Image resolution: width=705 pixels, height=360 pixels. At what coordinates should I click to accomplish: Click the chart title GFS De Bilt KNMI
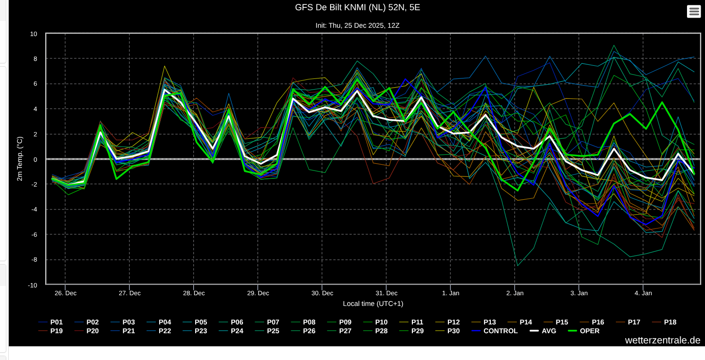click(x=357, y=7)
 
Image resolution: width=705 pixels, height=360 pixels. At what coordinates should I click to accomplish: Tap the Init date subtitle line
click(x=357, y=25)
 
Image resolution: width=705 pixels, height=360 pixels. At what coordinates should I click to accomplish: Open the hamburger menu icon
click(x=694, y=12)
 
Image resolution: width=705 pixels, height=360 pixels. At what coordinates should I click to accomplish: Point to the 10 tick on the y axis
click(x=34, y=34)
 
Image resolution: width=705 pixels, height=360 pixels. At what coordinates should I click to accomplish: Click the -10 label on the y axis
click(x=33, y=285)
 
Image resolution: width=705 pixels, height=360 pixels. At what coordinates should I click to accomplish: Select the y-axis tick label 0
click(x=35, y=159)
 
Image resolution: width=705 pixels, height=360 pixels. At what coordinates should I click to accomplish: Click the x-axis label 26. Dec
click(x=65, y=293)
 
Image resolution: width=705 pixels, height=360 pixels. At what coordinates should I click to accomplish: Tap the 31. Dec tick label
click(x=387, y=293)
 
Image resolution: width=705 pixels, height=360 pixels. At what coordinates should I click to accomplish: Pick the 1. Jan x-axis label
click(x=450, y=293)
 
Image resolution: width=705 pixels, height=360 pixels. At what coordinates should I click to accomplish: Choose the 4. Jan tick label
click(x=643, y=293)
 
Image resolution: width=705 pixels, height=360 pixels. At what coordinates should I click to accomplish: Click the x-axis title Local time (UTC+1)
click(x=373, y=303)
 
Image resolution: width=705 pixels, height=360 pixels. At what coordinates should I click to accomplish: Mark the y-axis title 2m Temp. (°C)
click(x=19, y=159)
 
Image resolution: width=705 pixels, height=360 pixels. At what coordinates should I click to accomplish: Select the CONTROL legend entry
click(x=495, y=331)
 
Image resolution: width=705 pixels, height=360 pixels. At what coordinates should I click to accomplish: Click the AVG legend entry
click(x=543, y=331)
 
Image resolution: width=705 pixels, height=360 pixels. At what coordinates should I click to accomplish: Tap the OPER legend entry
click(x=584, y=331)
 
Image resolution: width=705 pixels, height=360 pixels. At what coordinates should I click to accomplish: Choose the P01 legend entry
click(x=50, y=322)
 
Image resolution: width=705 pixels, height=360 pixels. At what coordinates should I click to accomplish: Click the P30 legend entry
click(x=447, y=331)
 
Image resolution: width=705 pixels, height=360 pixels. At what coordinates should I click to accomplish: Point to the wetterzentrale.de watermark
click(x=663, y=340)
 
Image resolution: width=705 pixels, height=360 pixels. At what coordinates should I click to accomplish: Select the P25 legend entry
click(x=267, y=331)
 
